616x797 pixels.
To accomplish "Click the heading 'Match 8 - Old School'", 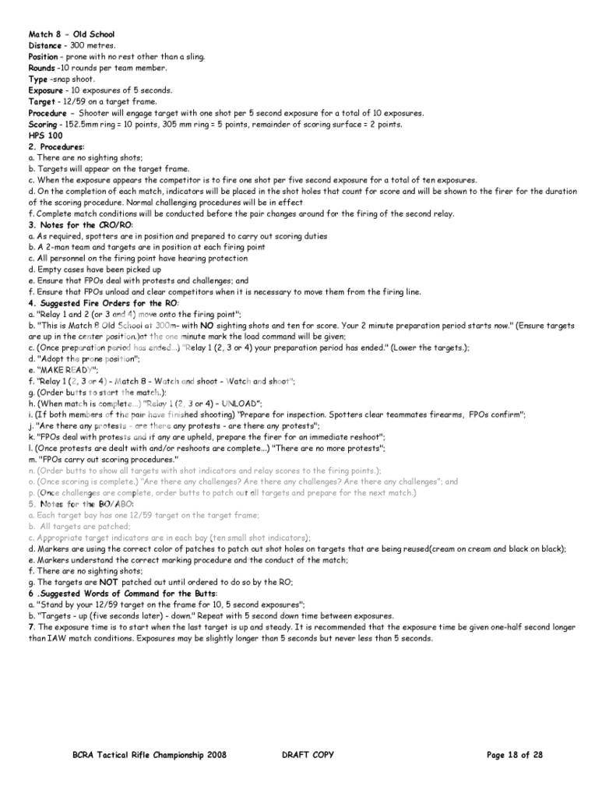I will point(71,34).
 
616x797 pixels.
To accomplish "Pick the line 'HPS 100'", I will point(44,136).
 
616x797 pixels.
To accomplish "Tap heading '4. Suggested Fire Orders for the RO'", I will point(104,302).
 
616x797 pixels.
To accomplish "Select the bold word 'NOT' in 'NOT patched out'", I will point(108,582).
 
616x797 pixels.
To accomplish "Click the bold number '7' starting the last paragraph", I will point(31,627).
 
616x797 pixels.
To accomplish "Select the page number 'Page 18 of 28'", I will point(514,755).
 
